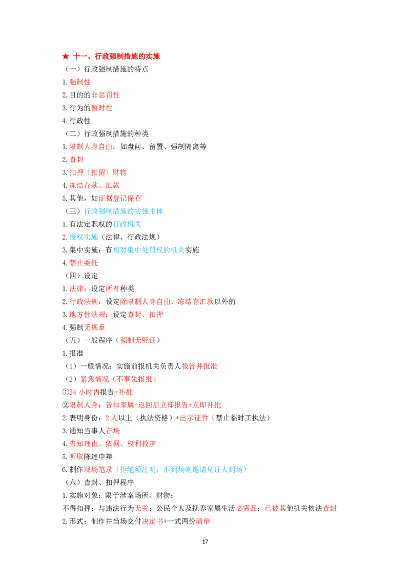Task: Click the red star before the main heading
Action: (66, 56)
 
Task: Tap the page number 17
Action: (205, 541)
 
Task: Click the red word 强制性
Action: (80, 82)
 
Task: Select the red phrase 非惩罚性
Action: (106, 95)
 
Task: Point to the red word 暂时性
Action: (102, 108)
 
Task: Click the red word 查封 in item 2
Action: (76, 159)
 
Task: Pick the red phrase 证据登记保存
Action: (120, 198)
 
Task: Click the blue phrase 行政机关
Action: (127, 224)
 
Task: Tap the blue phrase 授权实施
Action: (84, 237)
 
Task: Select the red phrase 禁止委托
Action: (84, 263)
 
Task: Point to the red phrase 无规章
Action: (94, 327)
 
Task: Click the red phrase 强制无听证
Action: (138, 340)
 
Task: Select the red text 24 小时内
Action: (85, 392)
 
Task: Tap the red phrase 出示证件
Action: (194, 418)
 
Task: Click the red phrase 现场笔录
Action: (98, 470)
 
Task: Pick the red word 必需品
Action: (247, 508)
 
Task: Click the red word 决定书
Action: (152, 521)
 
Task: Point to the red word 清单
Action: (203, 521)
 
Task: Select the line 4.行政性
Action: (76, 121)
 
